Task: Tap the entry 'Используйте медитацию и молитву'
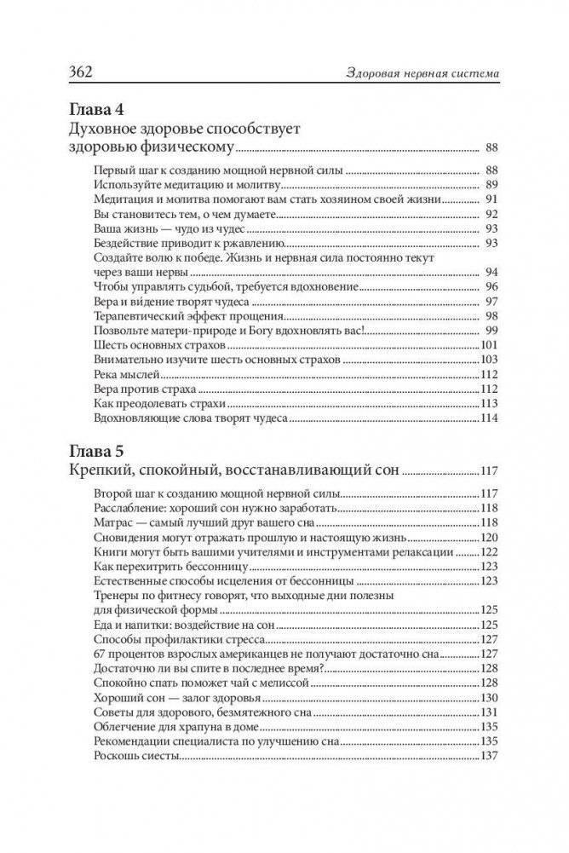click(187, 185)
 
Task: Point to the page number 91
click(490, 199)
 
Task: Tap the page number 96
click(490, 287)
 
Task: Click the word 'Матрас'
click(113, 522)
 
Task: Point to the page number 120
click(488, 537)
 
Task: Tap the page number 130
click(488, 697)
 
